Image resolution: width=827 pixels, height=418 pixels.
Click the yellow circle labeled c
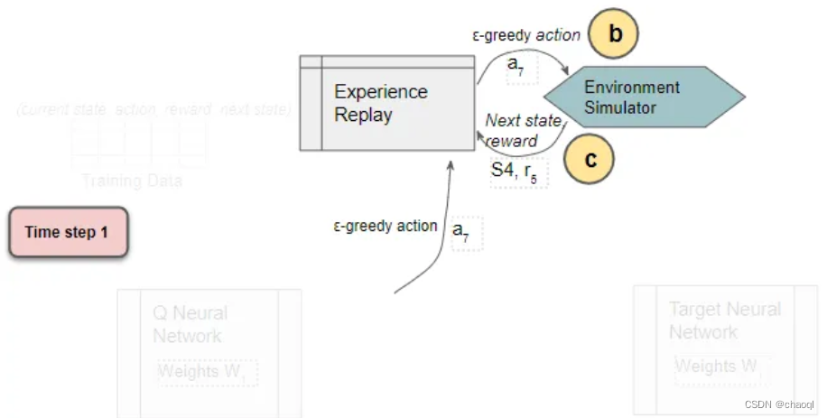[x=589, y=160]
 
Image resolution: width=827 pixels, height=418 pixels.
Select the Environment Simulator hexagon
[x=642, y=98]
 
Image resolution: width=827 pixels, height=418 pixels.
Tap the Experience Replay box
[x=387, y=103]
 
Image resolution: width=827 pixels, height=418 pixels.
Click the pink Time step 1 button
[x=68, y=232]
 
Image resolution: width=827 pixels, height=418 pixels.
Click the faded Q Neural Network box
[x=209, y=352]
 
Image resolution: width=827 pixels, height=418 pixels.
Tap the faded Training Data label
[x=132, y=181]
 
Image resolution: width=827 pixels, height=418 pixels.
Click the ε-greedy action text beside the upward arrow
[x=385, y=226]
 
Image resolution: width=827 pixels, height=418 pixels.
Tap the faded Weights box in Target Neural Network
[x=719, y=367]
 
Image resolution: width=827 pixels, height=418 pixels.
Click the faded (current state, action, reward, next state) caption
[x=153, y=110]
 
